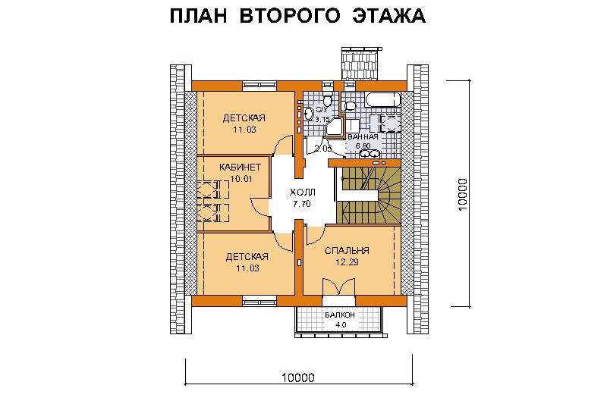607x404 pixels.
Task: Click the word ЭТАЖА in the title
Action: click(389, 16)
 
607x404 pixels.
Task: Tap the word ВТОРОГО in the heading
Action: click(290, 16)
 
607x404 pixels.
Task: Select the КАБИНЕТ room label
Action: click(240, 168)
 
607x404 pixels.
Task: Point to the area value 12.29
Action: click(347, 262)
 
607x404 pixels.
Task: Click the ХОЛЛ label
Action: click(302, 192)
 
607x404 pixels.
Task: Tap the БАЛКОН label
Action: click(339, 315)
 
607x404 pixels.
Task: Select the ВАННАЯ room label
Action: click(363, 137)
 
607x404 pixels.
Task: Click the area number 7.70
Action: click(302, 204)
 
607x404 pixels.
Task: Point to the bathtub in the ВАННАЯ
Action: click(382, 100)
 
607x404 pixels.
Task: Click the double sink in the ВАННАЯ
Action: click(370, 154)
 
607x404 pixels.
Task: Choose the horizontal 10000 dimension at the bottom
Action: click(298, 377)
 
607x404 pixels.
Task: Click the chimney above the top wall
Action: click(358, 64)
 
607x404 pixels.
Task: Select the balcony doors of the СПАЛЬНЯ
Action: click(339, 288)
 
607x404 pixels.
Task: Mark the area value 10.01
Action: click(241, 179)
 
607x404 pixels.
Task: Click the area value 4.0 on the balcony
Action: click(341, 324)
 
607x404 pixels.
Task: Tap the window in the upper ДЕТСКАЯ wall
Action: click(259, 85)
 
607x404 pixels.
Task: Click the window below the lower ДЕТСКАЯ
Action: click(259, 300)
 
